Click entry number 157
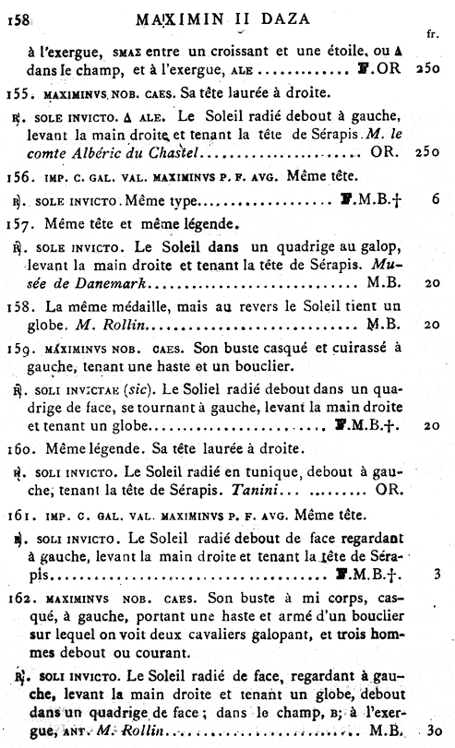[x=18, y=222]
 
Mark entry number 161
[x=18, y=514]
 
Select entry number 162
[x=18, y=599]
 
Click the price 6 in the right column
[x=434, y=199]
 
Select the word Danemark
[x=89, y=279]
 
